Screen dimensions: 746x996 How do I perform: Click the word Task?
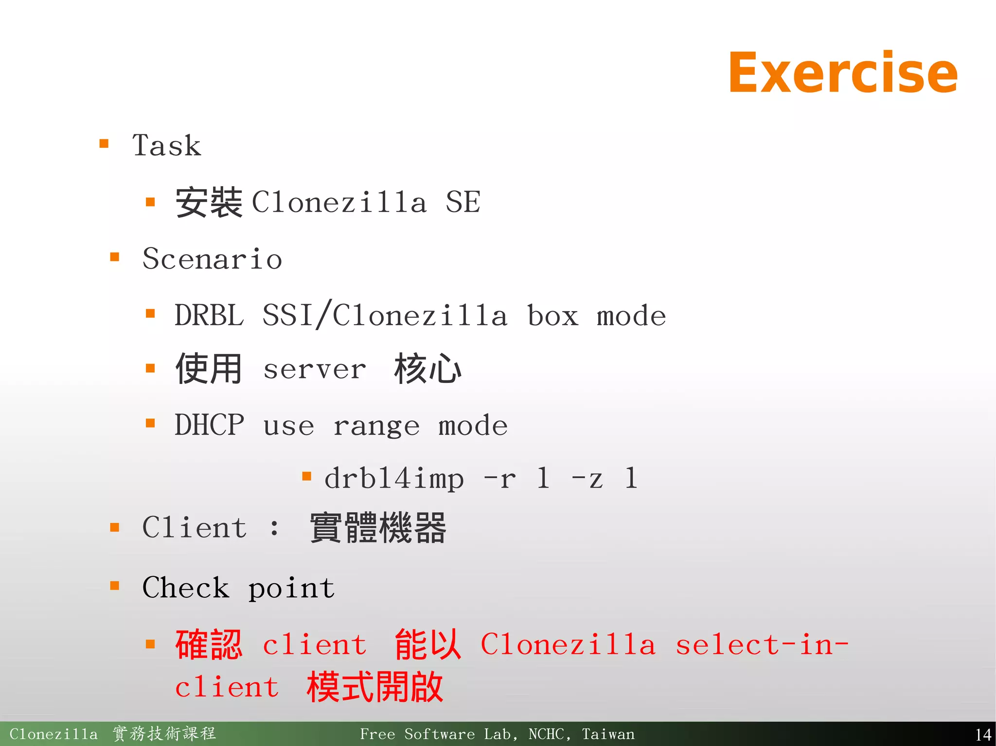[x=166, y=145]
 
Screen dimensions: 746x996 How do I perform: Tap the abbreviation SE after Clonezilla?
[x=462, y=202]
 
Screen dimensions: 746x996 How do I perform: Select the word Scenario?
[x=212, y=259]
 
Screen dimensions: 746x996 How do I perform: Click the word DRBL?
[x=209, y=315]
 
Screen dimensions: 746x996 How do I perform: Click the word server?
[x=314, y=369]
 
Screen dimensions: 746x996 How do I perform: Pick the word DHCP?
[x=209, y=425]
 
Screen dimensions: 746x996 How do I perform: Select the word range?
[x=376, y=426]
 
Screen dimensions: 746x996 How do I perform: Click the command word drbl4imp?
[x=394, y=478]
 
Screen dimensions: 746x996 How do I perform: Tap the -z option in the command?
[x=587, y=478]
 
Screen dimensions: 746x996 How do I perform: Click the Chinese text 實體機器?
[x=378, y=528]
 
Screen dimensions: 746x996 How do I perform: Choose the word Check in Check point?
[x=185, y=588]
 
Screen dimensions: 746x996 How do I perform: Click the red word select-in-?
[x=762, y=645]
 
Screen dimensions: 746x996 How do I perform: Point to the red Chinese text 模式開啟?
[x=375, y=687]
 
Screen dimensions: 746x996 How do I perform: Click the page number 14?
[x=983, y=734]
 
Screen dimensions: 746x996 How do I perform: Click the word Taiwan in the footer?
[x=608, y=734]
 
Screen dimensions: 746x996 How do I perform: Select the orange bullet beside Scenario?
[x=115, y=257]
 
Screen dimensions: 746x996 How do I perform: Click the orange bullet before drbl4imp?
[x=306, y=476]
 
